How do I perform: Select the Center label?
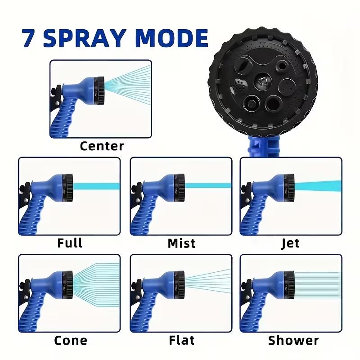click(102, 146)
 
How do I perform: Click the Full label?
click(70, 243)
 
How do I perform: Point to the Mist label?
click(181, 243)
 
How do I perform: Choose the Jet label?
click(290, 243)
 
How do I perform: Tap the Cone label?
click(70, 340)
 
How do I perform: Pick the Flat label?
click(182, 340)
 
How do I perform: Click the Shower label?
click(293, 340)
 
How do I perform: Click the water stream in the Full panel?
click(94, 186)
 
